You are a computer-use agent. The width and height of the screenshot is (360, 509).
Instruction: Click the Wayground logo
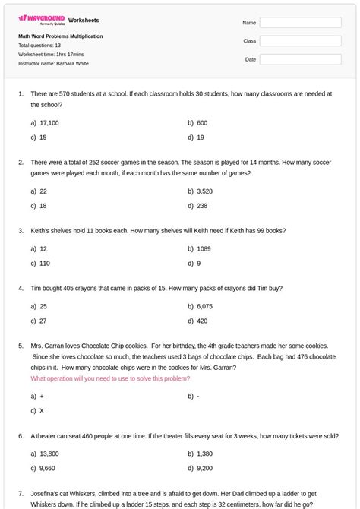(x=42, y=19)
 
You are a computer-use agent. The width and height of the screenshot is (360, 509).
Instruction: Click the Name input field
(x=300, y=23)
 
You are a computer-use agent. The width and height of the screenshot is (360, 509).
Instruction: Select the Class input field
(x=300, y=41)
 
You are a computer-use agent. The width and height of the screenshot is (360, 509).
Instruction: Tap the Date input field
(x=300, y=59)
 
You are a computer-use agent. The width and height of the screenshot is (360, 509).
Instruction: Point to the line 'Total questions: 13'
(x=39, y=46)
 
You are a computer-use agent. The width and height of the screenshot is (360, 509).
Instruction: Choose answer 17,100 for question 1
(x=49, y=123)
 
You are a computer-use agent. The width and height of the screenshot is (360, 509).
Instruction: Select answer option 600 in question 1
(x=202, y=123)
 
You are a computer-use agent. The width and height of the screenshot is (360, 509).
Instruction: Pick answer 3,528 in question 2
(x=204, y=192)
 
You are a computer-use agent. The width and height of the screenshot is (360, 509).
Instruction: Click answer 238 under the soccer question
(x=202, y=206)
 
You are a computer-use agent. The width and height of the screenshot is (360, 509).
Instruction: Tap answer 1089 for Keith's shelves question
(x=204, y=249)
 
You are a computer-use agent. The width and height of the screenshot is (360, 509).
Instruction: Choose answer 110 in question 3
(x=45, y=264)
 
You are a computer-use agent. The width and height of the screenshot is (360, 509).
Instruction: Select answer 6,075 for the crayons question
(x=204, y=307)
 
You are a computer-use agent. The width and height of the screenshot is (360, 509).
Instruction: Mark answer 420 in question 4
(x=202, y=321)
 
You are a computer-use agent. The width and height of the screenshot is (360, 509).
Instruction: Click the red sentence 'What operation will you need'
(x=110, y=378)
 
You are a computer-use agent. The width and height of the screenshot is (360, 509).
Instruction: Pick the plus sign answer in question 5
(x=42, y=397)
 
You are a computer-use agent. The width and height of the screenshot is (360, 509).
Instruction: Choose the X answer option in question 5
(x=42, y=411)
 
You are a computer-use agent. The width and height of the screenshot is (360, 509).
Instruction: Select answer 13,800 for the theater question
(x=49, y=454)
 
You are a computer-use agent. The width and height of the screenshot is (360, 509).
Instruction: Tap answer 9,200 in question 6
(x=204, y=469)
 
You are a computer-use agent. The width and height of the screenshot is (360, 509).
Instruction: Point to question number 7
(x=21, y=494)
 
